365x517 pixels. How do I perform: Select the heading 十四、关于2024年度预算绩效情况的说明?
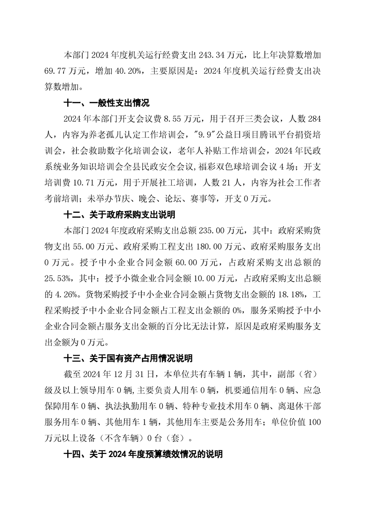(x=143, y=454)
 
